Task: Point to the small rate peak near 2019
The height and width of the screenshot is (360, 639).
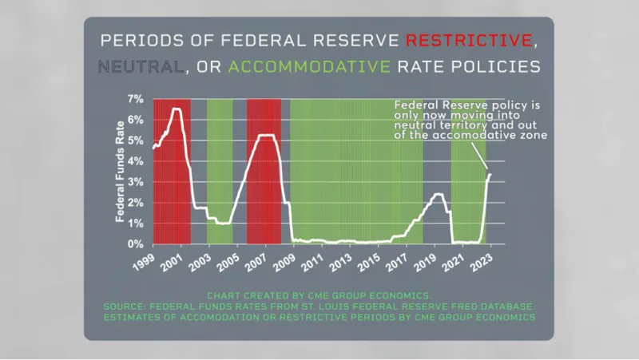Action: tap(438, 194)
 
